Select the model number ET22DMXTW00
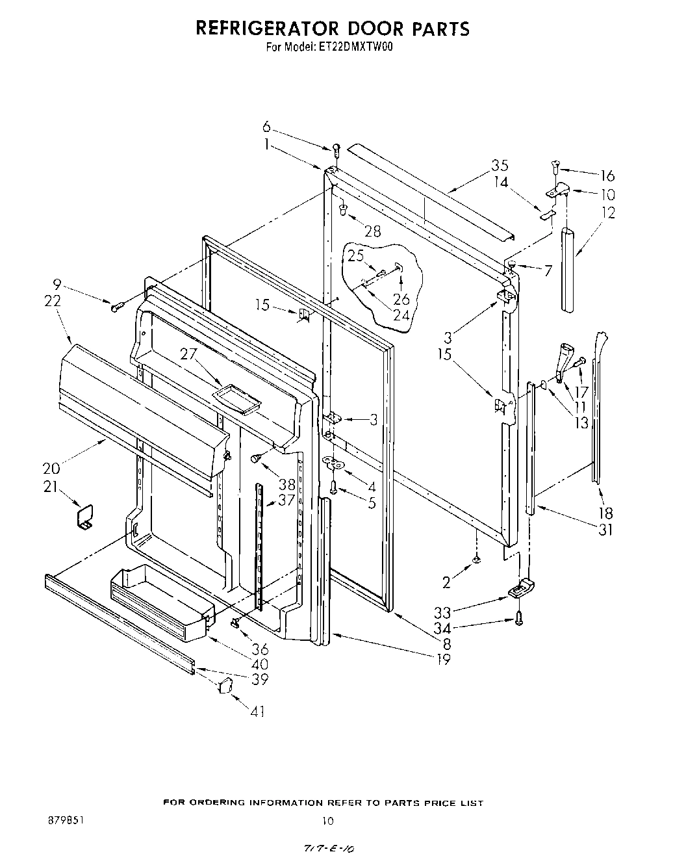[x=355, y=47]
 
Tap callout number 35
[x=500, y=166]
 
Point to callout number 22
[x=53, y=301]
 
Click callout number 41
[x=258, y=712]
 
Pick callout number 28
[x=372, y=231]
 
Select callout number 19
[x=444, y=660]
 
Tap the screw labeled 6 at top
[x=336, y=149]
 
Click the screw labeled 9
[x=117, y=306]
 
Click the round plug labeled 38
[x=257, y=459]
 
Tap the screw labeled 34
[x=518, y=621]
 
